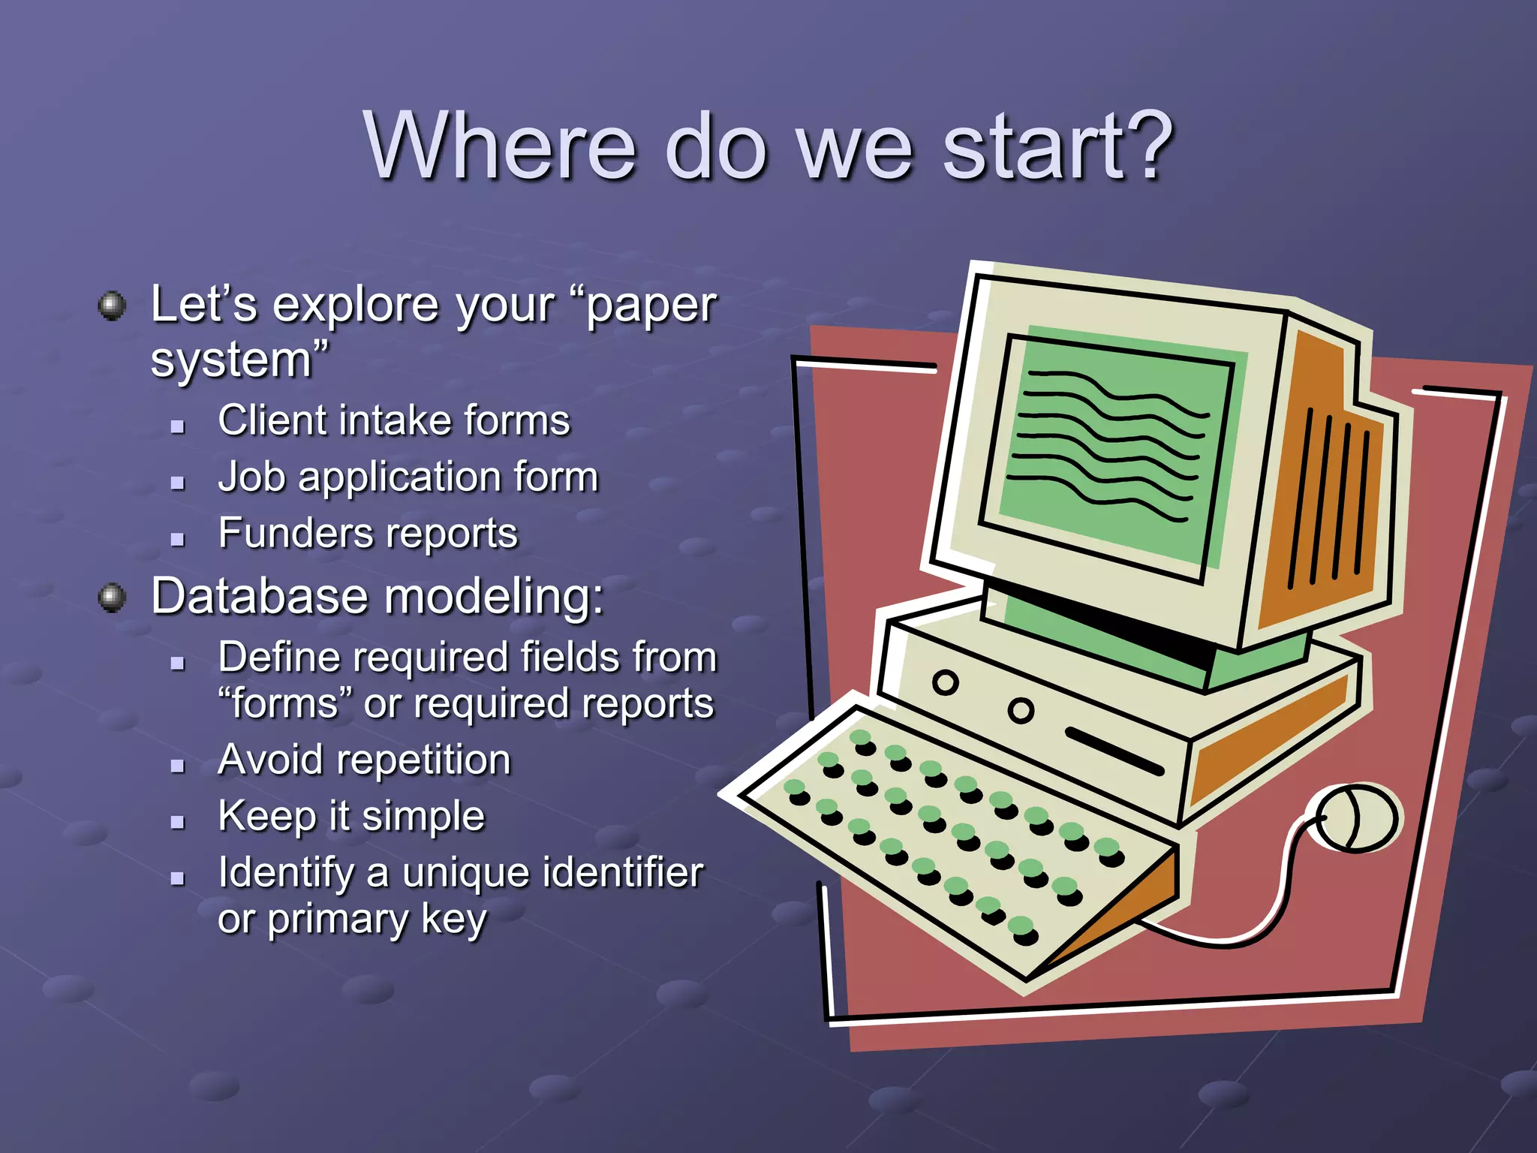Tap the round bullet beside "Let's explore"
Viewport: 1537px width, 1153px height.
point(113,306)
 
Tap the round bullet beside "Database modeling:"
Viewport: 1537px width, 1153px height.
point(113,598)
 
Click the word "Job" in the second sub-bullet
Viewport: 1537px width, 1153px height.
point(251,477)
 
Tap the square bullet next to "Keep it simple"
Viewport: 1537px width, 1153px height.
point(178,822)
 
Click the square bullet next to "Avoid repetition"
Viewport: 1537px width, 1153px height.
point(178,766)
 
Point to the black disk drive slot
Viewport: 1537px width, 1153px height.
point(1114,751)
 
